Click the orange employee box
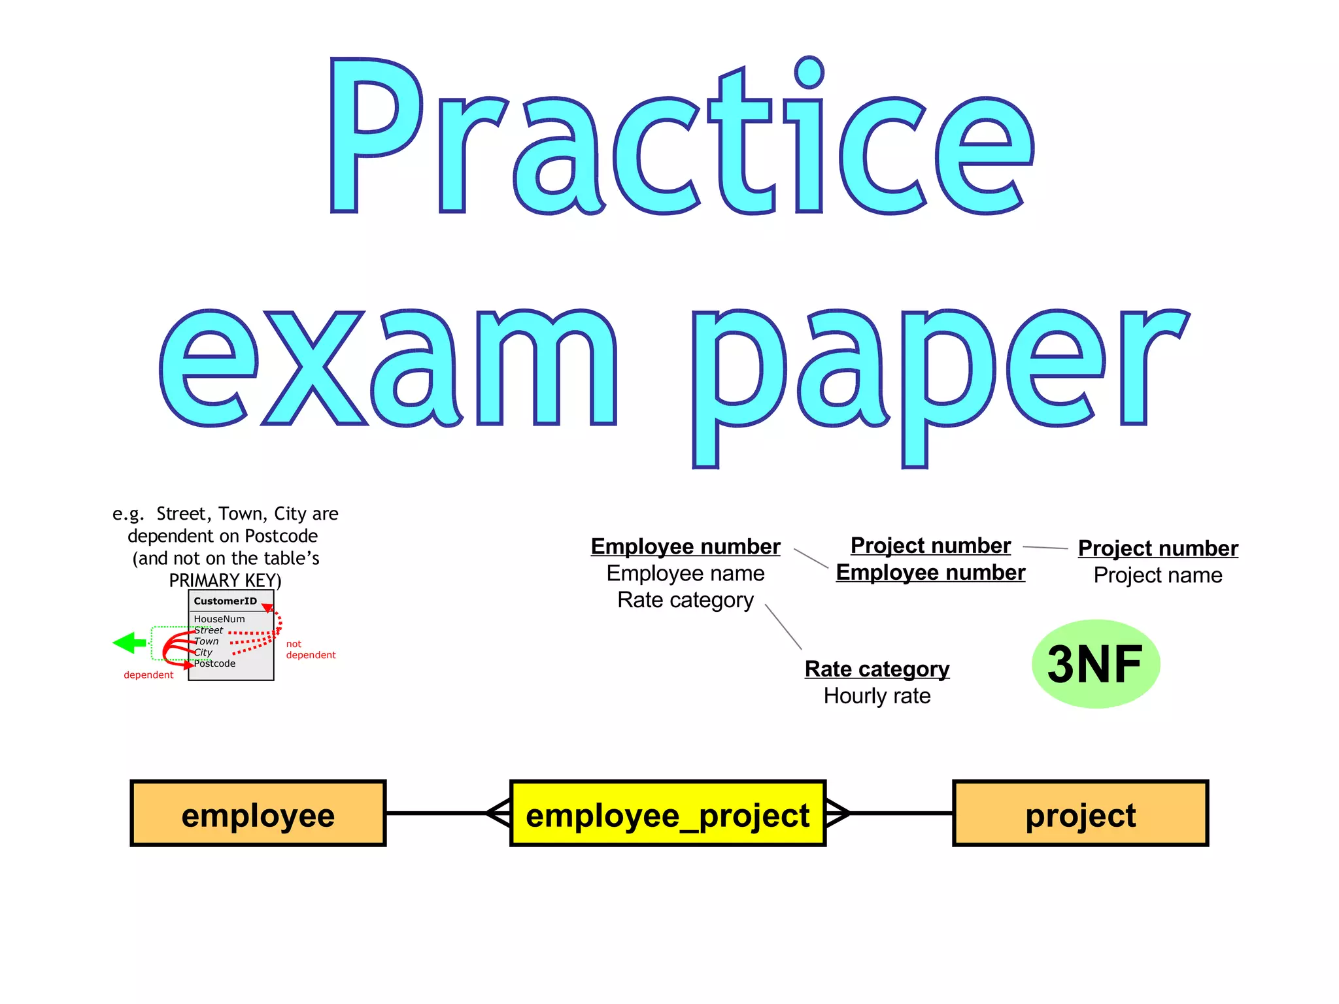[258, 814]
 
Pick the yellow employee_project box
[668, 814]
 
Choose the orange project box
[1080, 814]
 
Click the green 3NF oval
[1096, 664]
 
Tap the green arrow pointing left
[129, 643]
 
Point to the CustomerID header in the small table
[225, 601]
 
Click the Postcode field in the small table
[214, 663]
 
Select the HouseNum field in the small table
[219, 619]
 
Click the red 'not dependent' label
[310, 650]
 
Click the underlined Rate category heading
[877, 669]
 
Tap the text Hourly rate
[877, 696]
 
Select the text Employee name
[685, 573]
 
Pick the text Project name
[1158, 575]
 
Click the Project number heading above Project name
[1158, 548]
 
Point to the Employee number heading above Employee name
[685, 546]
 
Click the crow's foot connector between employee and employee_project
[498, 813]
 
